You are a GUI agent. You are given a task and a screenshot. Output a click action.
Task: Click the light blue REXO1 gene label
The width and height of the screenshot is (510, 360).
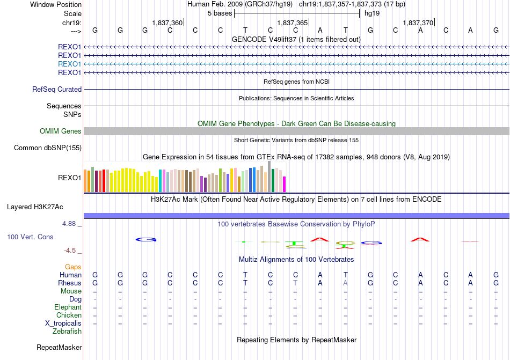69,64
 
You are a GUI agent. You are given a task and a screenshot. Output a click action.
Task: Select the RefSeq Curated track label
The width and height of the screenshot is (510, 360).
57,90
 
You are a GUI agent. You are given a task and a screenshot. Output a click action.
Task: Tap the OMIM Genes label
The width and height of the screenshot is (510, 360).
61,131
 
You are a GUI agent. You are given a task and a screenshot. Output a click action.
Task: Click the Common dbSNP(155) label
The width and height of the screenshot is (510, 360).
48,148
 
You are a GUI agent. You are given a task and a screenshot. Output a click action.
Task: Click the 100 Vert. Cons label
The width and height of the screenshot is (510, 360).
30,237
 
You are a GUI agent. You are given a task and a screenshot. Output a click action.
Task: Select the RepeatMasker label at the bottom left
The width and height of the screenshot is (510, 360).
59,348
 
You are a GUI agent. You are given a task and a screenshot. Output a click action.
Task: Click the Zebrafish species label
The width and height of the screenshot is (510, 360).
67,332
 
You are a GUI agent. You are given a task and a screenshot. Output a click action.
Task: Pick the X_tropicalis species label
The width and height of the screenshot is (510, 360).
63,324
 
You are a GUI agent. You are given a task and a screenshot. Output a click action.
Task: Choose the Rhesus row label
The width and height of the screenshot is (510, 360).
70,283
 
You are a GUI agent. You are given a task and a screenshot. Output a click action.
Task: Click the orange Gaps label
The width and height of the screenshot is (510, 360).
73,267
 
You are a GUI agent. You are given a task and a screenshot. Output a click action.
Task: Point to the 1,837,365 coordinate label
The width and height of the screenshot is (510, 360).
293,23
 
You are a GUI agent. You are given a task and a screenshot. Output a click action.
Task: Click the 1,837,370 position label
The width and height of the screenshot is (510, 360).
418,23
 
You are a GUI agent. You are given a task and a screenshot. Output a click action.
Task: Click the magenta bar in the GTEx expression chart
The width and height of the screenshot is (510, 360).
285,184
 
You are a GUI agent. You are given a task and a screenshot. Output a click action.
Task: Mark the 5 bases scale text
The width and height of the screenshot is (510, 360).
220,13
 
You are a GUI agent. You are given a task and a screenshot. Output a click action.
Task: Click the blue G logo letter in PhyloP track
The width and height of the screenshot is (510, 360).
145,240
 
